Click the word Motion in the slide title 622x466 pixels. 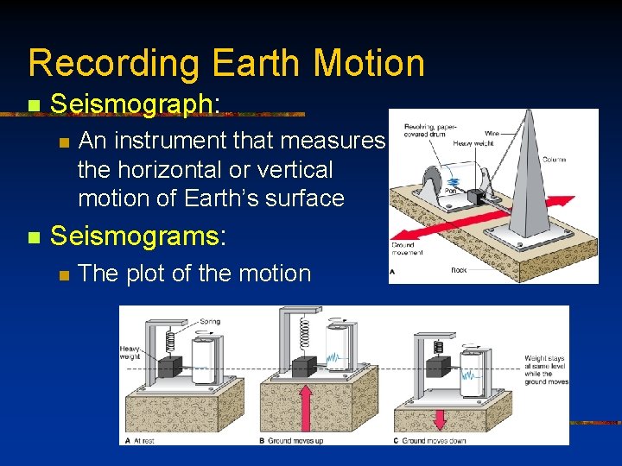[369, 64]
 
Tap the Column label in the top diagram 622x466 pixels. [555, 160]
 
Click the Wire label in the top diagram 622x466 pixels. [492, 134]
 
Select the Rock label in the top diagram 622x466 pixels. [459, 270]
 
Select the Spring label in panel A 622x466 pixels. [209, 322]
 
